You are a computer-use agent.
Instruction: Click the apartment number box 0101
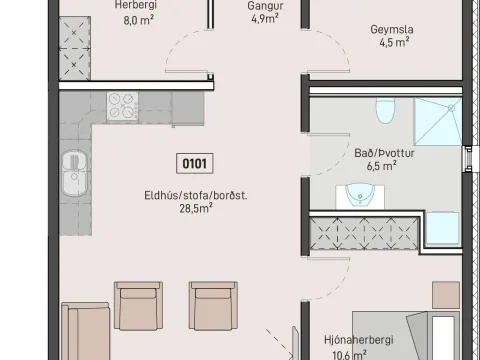194,163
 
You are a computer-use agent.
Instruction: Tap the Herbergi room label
135,5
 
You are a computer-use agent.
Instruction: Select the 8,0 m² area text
138,20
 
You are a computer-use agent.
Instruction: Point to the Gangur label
265,5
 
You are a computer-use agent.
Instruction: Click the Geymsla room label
392,29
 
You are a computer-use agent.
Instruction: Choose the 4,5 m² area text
394,42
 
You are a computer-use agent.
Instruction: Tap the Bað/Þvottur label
384,153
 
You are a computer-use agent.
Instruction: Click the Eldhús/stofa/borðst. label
196,195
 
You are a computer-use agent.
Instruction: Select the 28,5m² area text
196,208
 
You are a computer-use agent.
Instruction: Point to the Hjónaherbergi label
359,340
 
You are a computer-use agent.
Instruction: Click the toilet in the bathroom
385,110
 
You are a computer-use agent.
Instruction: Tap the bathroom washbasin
360,195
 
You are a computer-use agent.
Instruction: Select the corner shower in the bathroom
438,121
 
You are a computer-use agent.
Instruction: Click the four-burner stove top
122,106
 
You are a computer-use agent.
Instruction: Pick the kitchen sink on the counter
74,173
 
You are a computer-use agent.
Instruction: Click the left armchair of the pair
138,306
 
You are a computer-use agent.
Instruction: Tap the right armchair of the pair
213,306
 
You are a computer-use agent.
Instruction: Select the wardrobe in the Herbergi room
75,48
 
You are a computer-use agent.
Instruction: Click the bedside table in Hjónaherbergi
446,295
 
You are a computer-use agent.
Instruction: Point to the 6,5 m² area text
382,166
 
